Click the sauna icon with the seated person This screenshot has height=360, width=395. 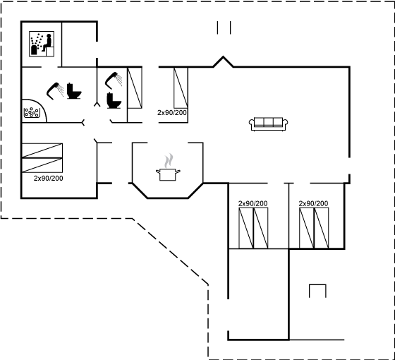point(42,44)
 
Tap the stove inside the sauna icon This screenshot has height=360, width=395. point(34,49)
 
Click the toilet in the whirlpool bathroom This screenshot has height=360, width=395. point(74,91)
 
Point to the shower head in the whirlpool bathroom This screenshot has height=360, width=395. point(55,91)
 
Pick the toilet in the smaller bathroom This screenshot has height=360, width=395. point(114,100)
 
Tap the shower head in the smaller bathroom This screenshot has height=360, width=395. point(114,80)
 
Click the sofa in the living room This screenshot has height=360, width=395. point(269,124)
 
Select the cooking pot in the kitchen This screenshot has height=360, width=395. point(168,174)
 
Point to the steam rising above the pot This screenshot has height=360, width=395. point(169,161)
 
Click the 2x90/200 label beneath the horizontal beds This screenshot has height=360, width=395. point(49,179)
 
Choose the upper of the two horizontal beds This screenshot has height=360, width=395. point(42,150)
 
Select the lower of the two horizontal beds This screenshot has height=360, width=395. point(42,165)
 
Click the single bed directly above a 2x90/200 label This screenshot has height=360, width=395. point(181,88)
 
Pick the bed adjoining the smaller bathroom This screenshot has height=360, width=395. point(135,88)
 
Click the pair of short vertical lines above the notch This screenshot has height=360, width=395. point(224,28)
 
